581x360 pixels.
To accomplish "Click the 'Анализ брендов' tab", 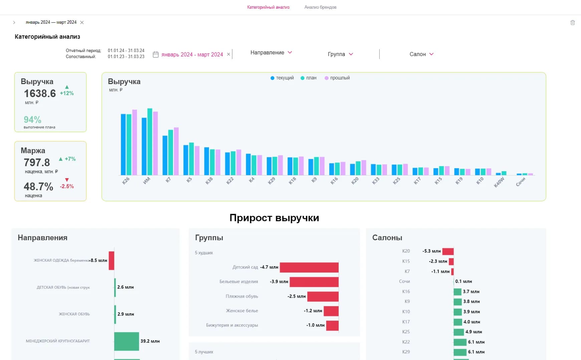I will tap(320, 7).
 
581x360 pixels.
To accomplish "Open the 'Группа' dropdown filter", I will tap(340, 54).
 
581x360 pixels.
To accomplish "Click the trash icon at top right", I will tap(573, 23).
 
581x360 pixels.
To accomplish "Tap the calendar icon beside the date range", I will tap(156, 54).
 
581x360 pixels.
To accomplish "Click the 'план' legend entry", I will tap(309, 78).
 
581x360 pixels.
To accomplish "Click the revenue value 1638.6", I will tap(40, 93).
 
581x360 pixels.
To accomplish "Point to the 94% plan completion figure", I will tap(32, 119).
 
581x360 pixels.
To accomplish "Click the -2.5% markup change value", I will tap(67, 187).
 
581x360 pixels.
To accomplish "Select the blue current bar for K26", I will tap(123, 144).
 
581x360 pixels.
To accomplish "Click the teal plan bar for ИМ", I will tap(150, 142).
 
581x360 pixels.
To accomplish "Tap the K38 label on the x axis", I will tap(209, 181).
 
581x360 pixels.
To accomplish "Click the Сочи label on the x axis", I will tap(521, 182).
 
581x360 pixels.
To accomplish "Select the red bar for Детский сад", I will tap(309, 268).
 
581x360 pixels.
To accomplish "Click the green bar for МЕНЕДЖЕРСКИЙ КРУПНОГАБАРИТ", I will tap(127, 341).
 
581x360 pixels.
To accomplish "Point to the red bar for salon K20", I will tap(448, 252).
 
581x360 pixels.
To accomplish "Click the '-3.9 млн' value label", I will tap(279, 282).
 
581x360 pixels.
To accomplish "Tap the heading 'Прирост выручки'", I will tap(274, 218).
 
